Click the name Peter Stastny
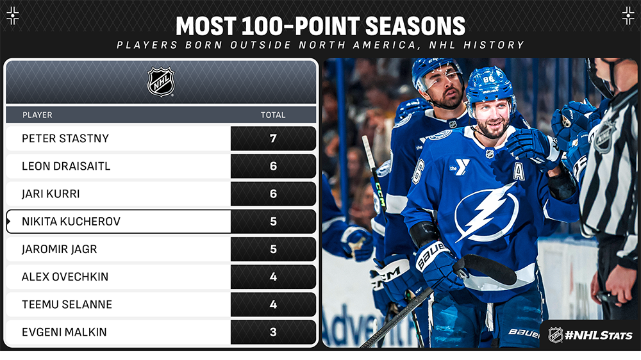[65, 138]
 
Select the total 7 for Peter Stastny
[273, 138]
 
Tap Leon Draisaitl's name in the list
[66, 167]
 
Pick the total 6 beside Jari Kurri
[273, 193]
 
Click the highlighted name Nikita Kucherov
[71, 222]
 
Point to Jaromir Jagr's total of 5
[273, 249]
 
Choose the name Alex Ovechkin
[65, 277]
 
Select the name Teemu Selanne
[67, 304]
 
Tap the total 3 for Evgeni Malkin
[273, 332]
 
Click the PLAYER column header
[37, 115]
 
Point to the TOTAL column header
[273, 115]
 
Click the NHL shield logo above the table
[161, 82]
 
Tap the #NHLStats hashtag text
[598, 336]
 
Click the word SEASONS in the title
[415, 26]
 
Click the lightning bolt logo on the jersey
[487, 212]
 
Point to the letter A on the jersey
[519, 171]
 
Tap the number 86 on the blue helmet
[488, 79]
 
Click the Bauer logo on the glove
[431, 256]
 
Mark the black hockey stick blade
[487, 268]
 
